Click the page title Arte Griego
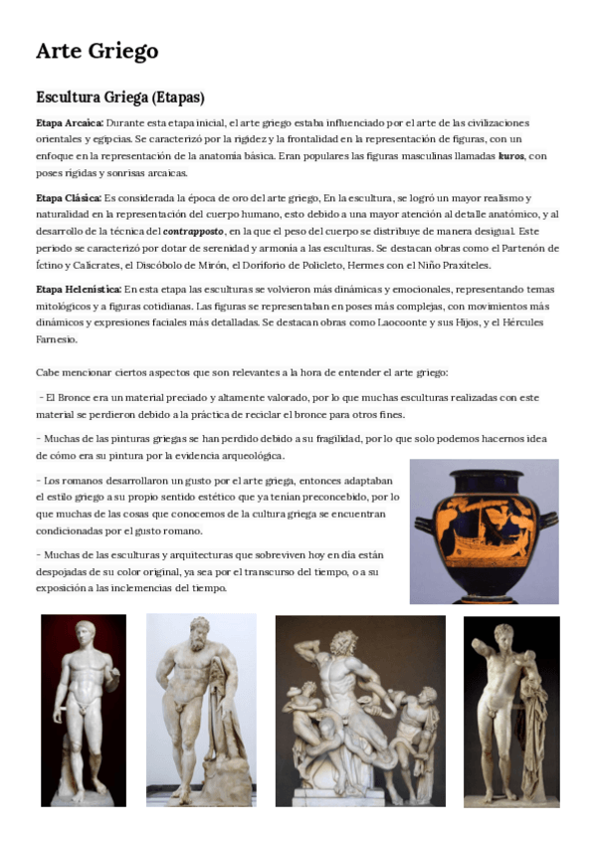click(x=97, y=51)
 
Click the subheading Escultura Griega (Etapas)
click(x=119, y=98)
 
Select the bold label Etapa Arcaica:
click(x=69, y=122)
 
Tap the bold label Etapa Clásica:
click(x=68, y=198)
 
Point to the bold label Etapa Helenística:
click(x=78, y=290)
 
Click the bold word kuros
click(x=510, y=156)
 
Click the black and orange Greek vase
click(x=484, y=530)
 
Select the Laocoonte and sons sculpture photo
click(x=360, y=710)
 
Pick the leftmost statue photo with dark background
click(x=84, y=709)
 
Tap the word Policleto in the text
click(x=371, y=266)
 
